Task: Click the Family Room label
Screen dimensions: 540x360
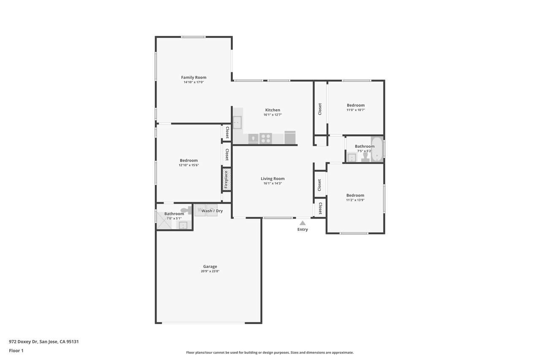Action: tap(194, 77)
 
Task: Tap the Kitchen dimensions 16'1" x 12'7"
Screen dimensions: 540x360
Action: tap(273, 115)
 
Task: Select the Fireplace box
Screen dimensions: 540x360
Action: tap(227, 180)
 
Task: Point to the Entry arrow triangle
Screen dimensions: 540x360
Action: tap(302, 223)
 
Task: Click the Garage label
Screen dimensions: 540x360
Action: tap(210, 266)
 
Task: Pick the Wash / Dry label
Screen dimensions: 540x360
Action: tap(212, 211)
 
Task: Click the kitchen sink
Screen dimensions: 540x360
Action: tap(237, 122)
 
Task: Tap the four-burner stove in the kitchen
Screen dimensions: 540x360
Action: tap(266, 139)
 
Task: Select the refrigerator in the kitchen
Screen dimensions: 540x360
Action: tap(290, 138)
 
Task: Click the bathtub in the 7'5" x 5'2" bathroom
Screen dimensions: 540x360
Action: tap(377, 149)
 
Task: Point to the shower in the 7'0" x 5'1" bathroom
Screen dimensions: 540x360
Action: tap(164, 220)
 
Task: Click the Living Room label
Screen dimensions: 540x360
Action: tap(273, 179)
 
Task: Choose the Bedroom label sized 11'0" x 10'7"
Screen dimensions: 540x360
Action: tap(356, 105)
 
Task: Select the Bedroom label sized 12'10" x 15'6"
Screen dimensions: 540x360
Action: tap(189, 160)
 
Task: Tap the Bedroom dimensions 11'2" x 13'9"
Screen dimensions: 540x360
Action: tap(355, 200)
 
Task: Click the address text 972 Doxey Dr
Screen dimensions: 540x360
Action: tap(23, 342)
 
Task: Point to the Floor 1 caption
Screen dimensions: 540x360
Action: tap(16, 351)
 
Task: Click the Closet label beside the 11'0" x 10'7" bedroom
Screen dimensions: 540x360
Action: tap(320, 109)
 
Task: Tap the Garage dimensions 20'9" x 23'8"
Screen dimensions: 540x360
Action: tap(210, 271)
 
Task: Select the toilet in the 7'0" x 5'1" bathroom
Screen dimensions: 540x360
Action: tap(186, 210)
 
